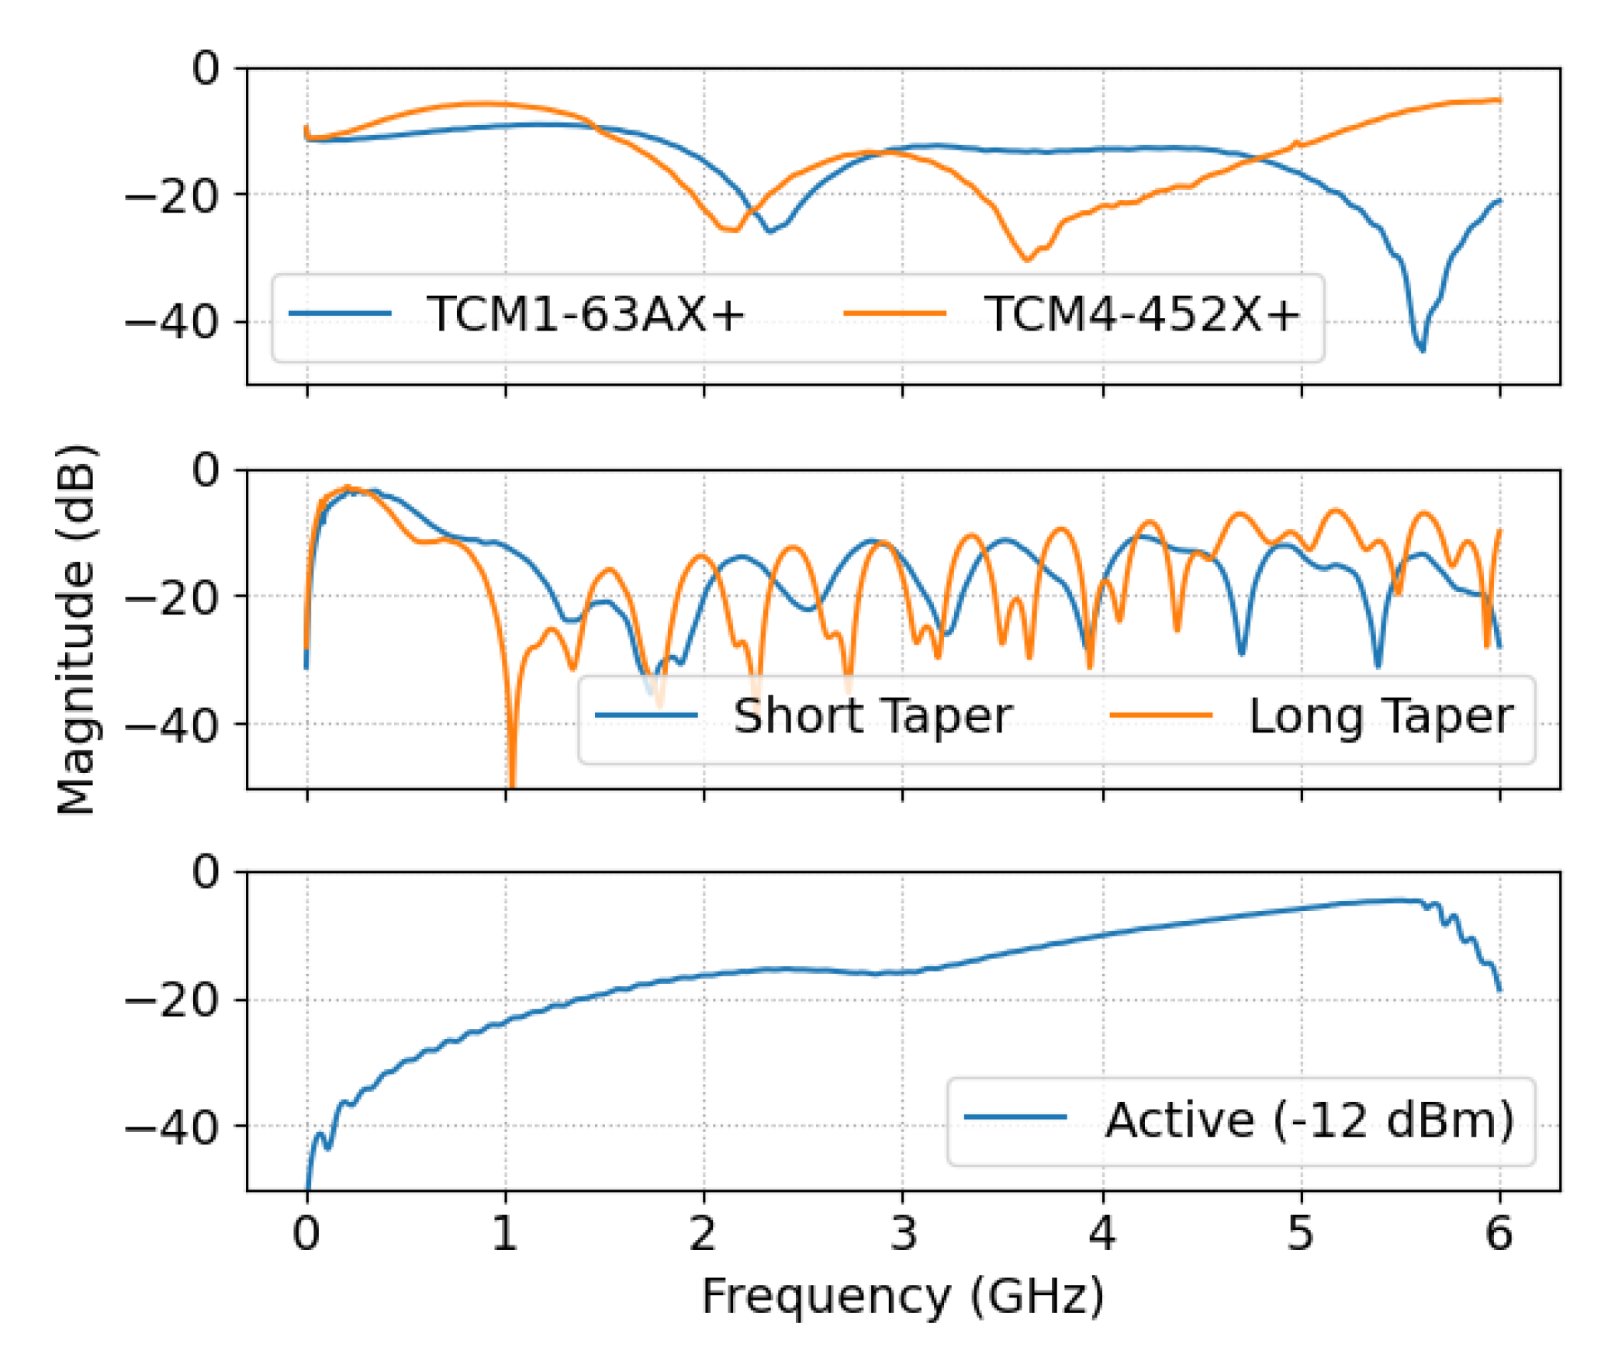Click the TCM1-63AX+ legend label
585,314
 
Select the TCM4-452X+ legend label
1141,314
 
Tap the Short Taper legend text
872,715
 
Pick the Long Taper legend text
1380,715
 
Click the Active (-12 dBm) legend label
1309,1120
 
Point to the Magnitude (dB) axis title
76,629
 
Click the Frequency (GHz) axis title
902,1296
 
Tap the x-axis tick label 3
902,1233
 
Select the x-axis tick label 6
1499,1233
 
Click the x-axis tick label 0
306,1233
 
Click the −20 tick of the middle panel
171,597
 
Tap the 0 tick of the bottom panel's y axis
206,871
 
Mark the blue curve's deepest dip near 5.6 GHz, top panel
1422,349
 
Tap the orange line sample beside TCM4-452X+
894,314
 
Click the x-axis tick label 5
1301,1233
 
